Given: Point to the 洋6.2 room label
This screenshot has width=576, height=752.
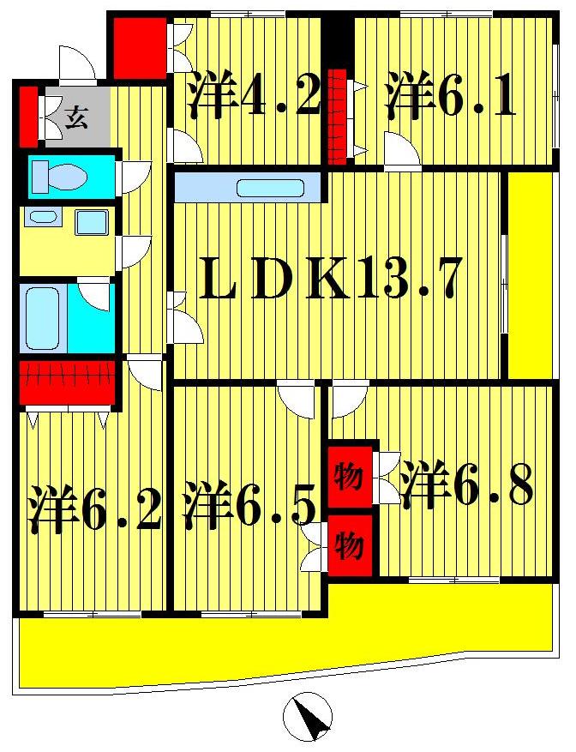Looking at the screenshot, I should coord(93,510).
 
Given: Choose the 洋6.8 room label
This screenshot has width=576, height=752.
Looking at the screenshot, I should coord(469,486).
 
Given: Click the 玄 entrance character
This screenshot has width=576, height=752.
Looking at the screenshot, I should coord(77,117).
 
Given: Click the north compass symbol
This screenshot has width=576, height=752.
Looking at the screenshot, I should coord(308,714).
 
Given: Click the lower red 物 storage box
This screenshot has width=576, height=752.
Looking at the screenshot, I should coord(350,544).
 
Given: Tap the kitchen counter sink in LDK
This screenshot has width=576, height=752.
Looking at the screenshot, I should coord(271,187).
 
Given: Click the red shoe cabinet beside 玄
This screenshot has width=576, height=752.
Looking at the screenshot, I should coord(28,115).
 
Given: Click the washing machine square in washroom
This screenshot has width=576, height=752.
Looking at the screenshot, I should coord(91,223).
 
